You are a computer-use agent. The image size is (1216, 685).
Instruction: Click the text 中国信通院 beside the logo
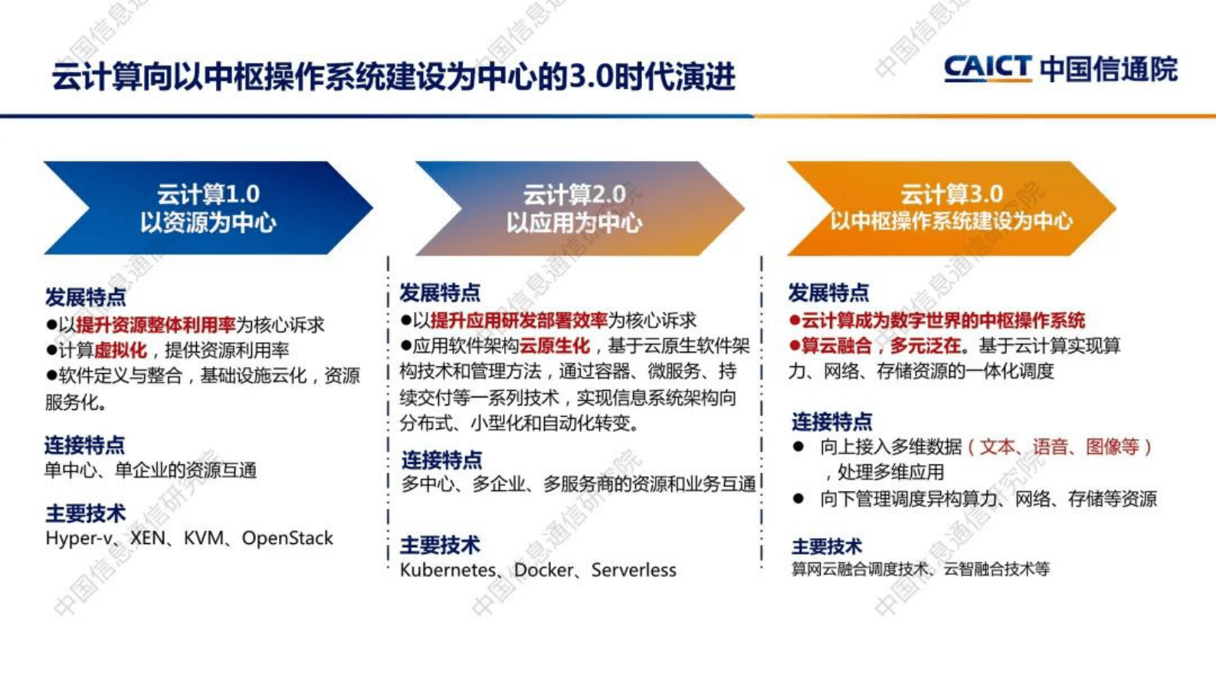tap(1108, 68)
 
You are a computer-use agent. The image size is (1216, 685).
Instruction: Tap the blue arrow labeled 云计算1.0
tap(208, 208)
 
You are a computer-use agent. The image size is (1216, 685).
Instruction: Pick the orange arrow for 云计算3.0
tap(951, 208)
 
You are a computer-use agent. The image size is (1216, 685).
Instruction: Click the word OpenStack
tap(287, 539)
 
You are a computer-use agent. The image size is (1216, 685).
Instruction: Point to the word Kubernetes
tap(447, 571)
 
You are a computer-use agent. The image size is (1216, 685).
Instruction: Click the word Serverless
tap(634, 571)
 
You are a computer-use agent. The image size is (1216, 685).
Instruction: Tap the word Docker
tap(543, 571)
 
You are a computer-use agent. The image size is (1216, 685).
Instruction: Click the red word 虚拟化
tap(120, 351)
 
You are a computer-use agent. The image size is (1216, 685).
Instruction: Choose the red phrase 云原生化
tap(555, 346)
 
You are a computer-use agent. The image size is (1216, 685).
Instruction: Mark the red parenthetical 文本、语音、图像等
tap(1060, 447)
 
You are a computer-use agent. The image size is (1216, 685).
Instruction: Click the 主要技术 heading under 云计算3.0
tap(827, 547)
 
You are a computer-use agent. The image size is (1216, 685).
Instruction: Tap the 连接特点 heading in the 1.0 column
tap(84, 445)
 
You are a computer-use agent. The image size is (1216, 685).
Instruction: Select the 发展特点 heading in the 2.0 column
tap(440, 293)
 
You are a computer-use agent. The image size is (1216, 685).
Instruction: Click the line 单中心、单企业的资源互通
tap(150, 470)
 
